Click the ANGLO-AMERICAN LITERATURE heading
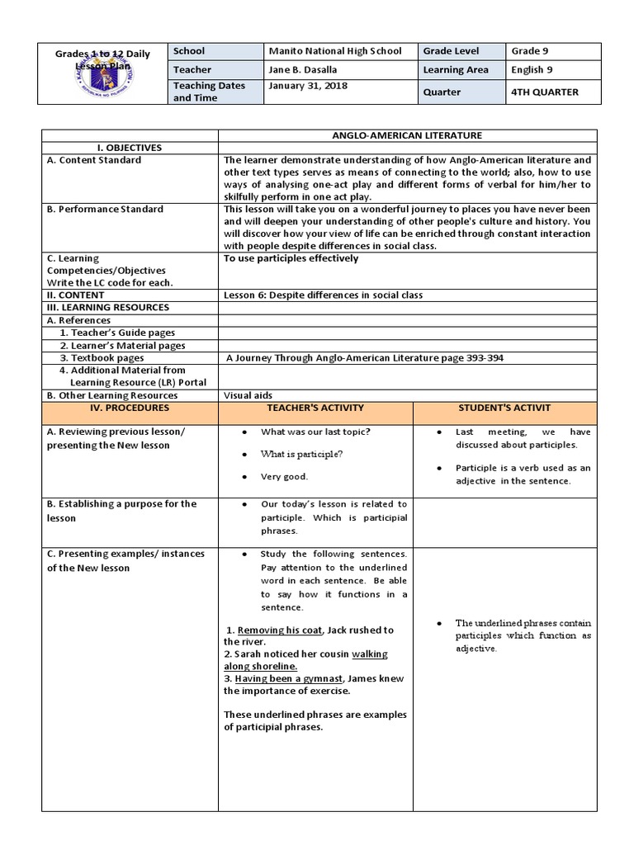pyautogui.click(x=407, y=135)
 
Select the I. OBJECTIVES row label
pyautogui.click(x=130, y=147)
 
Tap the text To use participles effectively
pyautogui.click(x=291, y=258)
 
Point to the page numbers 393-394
pyautogui.click(x=484, y=358)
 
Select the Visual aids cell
pyautogui.click(x=248, y=395)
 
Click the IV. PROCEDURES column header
pyautogui.click(x=130, y=408)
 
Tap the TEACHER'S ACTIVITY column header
pyautogui.click(x=315, y=408)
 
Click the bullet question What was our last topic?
pyautogui.click(x=315, y=432)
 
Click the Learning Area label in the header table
pyautogui.click(x=456, y=71)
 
